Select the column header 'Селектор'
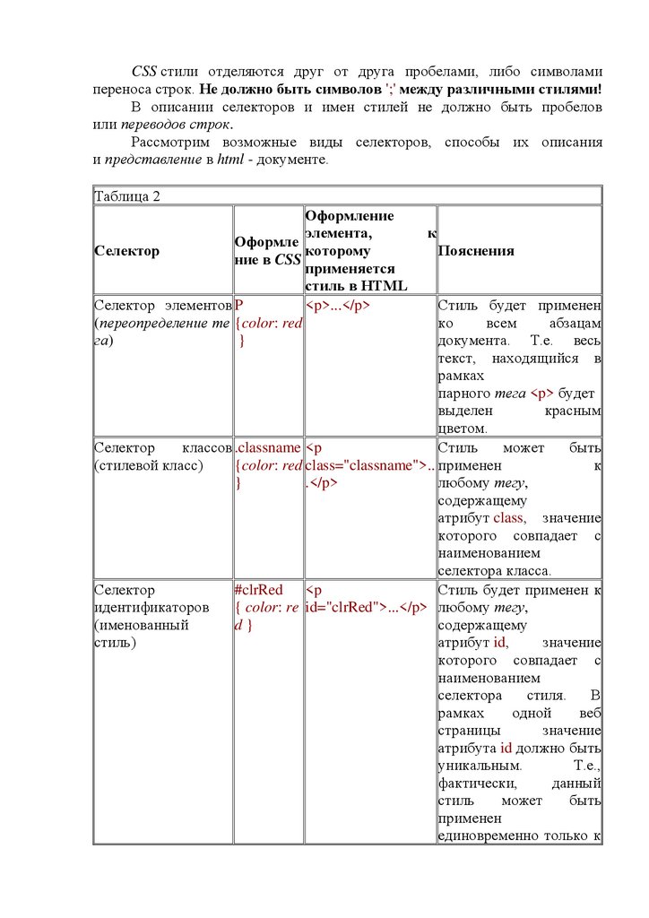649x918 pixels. tap(126, 251)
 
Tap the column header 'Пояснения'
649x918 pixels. tap(476, 251)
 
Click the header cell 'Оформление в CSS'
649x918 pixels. tap(267, 251)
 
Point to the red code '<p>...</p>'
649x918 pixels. tap(338, 305)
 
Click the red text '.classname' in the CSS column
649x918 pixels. tap(267, 447)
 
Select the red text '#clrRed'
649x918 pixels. tap(258, 590)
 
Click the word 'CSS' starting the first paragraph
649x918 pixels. tap(144, 71)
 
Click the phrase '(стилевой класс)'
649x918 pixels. tap(149, 465)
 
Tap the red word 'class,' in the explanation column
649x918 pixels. tap(510, 518)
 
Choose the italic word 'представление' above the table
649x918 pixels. tap(150, 160)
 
